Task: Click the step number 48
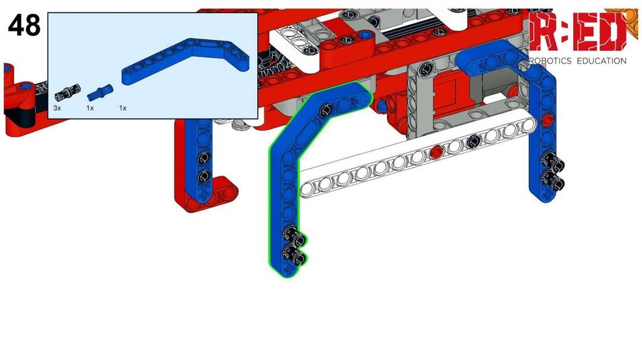coord(24,25)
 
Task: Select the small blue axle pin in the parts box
coord(100,93)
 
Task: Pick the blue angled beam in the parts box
coord(186,61)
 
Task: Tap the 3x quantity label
coord(57,108)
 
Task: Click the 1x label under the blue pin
coord(90,108)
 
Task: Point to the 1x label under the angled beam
coord(122,108)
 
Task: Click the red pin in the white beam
coord(436,152)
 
